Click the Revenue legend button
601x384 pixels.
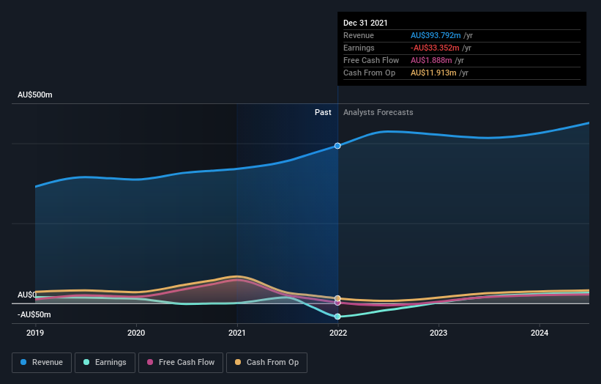(42, 362)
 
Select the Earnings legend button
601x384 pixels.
(105, 362)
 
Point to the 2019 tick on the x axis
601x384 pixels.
(36, 332)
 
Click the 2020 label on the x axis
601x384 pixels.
(136, 332)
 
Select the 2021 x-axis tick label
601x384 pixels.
(237, 332)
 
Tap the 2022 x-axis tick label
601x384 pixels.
(337, 332)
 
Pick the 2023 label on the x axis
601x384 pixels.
(438, 332)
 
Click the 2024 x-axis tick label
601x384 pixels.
(540, 332)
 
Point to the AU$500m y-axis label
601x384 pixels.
(35, 95)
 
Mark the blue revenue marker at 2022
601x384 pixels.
(337, 146)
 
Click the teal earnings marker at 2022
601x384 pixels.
(337, 317)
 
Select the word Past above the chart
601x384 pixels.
(323, 113)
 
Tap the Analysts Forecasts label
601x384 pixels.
(378, 113)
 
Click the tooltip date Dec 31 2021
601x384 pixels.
(366, 23)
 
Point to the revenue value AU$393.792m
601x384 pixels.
(436, 35)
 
